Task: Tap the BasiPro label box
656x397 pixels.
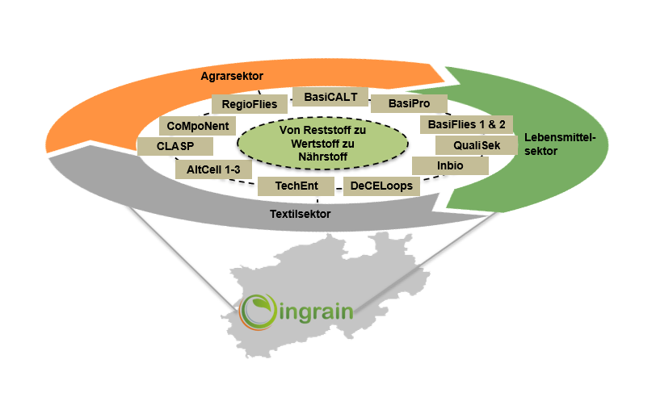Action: [408, 104]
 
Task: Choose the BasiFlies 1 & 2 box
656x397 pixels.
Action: [466, 125]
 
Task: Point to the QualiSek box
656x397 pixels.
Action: [470, 146]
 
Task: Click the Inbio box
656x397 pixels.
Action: [450, 166]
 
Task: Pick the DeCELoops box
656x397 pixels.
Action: [382, 186]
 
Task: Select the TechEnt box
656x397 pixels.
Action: [296, 186]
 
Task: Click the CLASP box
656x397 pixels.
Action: [175, 147]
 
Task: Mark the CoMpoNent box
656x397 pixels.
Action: [198, 126]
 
